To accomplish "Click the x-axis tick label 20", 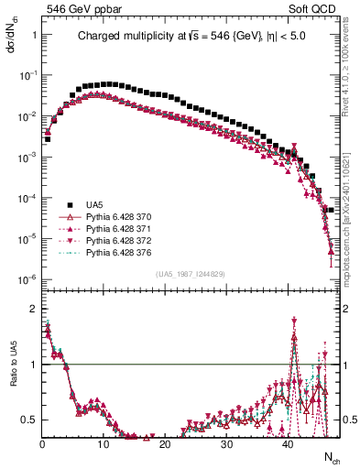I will tap(165, 444).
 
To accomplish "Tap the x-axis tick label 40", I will tap(288, 444).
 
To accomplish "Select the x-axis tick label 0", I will tap(42, 444).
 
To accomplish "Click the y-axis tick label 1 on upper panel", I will tap(32, 34).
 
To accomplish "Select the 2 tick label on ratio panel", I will tap(32, 309).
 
